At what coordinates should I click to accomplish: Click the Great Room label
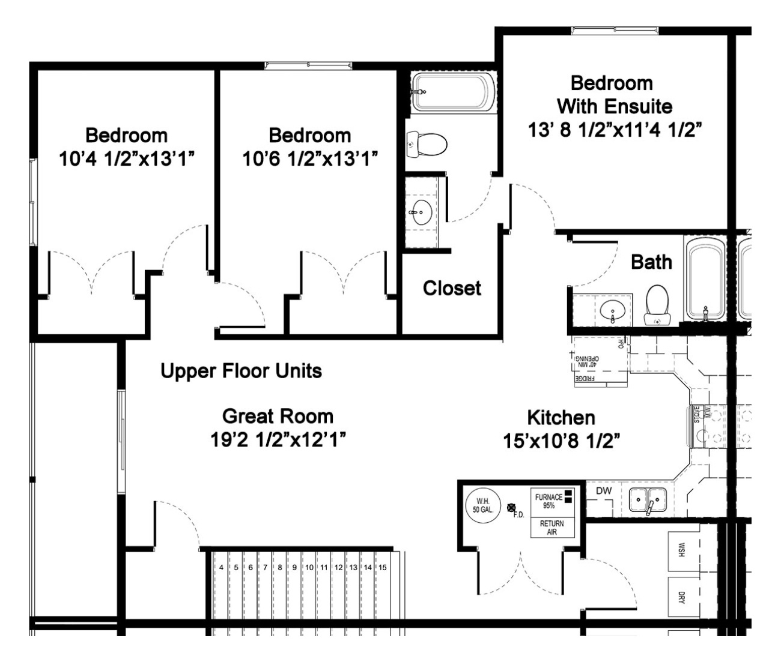pos(278,416)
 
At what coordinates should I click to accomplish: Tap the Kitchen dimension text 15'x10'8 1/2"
pos(561,441)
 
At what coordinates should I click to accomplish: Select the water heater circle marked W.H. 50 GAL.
pos(482,505)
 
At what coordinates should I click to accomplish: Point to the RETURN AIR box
pos(552,528)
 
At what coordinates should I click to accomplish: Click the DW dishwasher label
pos(604,491)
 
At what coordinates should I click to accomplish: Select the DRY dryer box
pos(681,597)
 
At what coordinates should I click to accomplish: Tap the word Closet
pos(452,288)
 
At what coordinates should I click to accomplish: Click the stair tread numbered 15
pos(383,567)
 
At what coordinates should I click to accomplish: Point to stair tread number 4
pos(221,567)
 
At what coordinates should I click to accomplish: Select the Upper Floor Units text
pos(241,371)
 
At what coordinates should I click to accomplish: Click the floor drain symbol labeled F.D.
pos(512,508)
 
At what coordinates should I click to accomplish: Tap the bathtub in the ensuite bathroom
pos(454,92)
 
